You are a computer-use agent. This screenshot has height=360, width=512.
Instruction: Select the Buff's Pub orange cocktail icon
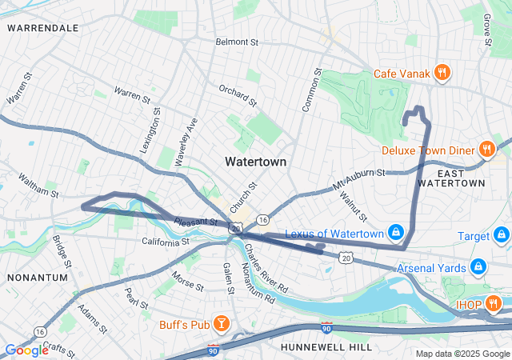[x=220, y=324]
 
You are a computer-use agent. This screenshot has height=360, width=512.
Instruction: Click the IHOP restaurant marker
[x=493, y=304]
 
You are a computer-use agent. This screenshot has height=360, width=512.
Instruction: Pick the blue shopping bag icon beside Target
[x=501, y=236]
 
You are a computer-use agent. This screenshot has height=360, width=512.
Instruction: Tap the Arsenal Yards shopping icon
[x=478, y=266]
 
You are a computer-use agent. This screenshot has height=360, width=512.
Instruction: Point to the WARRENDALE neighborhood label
[x=42, y=28]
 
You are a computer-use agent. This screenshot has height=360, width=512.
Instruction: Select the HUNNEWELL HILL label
[x=326, y=346]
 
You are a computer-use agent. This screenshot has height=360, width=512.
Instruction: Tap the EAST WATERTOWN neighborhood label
[x=462, y=178]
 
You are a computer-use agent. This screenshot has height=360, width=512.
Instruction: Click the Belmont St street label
[x=238, y=42]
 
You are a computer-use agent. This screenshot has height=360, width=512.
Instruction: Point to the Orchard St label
[x=238, y=95]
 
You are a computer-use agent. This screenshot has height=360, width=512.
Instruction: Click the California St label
[x=166, y=241]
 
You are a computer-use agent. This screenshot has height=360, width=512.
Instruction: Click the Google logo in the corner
[x=26, y=350]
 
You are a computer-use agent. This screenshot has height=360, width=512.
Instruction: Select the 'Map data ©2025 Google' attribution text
[x=462, y=354]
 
